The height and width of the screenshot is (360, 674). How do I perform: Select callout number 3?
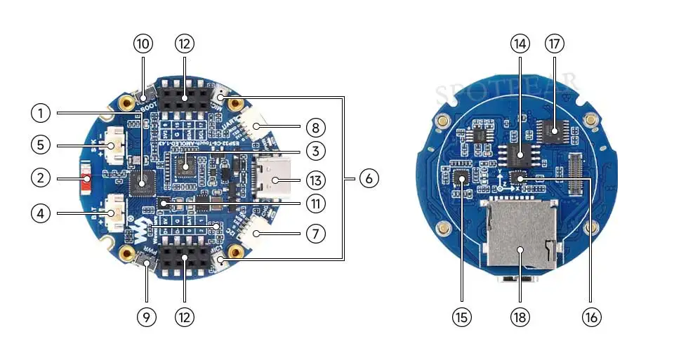click(x=315, y=150)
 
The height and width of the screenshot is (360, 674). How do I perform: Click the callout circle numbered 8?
click(x=315, y=128)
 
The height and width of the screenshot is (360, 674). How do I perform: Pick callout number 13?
click(x=315, y=180)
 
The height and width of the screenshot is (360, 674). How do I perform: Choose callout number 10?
click(x=143, y=44)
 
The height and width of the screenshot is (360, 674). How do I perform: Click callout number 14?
click(x=520, y=44)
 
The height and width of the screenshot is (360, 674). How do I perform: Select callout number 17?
click(x=555, y=44)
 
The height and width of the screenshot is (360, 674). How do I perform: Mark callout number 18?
click(x=520, y=317)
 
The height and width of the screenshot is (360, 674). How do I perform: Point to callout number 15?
click(x=461, y=317)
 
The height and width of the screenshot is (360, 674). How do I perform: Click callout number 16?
click(x=590, y=317)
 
